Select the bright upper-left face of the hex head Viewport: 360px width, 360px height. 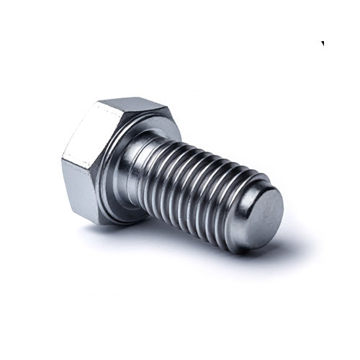[x=88, y=133]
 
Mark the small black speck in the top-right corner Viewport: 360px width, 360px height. [x=323, y=44]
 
